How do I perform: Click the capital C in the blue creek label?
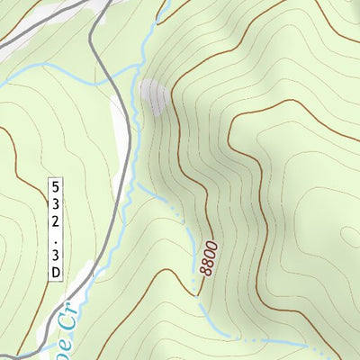point(66,316)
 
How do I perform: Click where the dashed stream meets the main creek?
point(138,185)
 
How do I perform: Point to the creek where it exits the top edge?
point(165,3)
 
